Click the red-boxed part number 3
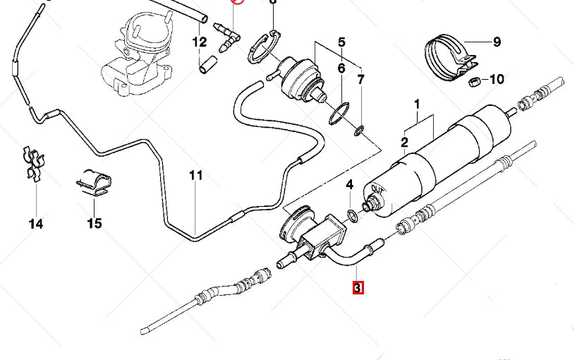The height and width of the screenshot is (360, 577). tap(358, 288)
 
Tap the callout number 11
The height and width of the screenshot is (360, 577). tap(195, 176)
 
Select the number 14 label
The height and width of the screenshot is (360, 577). tap(36, 224)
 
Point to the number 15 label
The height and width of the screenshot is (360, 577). tap(95, 224)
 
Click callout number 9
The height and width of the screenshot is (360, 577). tap(497, 42)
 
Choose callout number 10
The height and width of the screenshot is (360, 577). tap(497, 79)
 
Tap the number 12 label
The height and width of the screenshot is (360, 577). tap(199, 42)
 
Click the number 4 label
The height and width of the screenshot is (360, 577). tap(349, 186)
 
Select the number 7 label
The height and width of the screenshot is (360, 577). tap(360, 79)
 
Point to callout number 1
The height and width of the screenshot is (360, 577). tap(417, 104)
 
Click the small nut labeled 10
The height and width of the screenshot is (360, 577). tap(475, 83)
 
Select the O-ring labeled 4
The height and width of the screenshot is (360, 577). tap(353, 214)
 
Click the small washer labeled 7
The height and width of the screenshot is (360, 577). tap(359, 130)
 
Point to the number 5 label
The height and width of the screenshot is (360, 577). tap(341, 42)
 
